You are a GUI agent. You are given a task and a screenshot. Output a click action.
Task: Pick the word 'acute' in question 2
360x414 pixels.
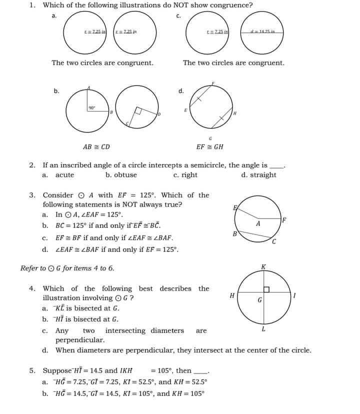64,175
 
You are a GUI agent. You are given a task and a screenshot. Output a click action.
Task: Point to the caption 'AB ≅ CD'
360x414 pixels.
96,147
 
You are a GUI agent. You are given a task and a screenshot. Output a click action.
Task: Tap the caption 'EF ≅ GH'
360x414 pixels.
210,147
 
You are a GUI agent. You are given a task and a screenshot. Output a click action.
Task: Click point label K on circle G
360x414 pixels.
263,267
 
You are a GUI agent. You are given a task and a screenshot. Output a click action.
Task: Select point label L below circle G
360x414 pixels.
263,329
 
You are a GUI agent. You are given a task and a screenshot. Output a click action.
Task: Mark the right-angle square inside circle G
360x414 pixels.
266,289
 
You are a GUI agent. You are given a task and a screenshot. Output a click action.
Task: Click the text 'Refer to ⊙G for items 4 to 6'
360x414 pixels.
67,268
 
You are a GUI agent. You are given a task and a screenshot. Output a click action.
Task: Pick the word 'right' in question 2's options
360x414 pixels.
189,175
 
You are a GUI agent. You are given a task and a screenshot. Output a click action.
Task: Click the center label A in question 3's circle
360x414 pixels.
258,223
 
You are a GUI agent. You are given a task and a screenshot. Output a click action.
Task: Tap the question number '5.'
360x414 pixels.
32,370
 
